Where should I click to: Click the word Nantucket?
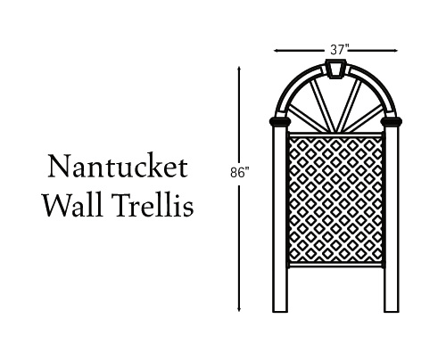118,166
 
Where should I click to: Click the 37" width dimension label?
339,50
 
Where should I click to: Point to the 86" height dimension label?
239,173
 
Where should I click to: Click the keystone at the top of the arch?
337,69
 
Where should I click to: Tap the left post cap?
280,121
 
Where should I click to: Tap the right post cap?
392,121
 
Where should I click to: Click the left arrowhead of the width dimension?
277,51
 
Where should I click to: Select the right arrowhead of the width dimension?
395,51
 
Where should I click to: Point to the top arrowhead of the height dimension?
239,70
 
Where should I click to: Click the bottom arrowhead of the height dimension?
239,309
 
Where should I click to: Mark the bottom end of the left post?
280,312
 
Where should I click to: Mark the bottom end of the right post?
392,312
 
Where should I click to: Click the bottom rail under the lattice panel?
335,265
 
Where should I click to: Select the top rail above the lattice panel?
335,135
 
